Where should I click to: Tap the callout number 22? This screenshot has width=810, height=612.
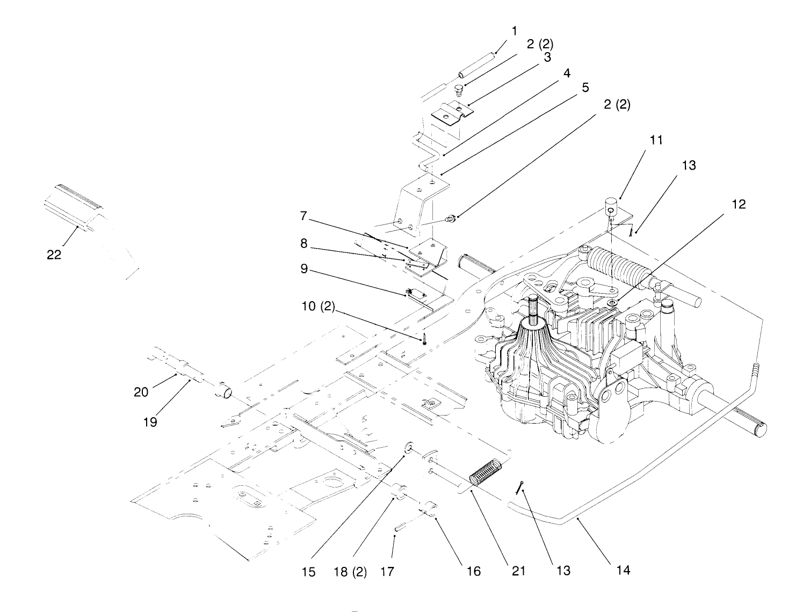pyautogui.click(x=54, y=255)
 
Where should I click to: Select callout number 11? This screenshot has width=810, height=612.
pyautogui.click(x=655, y=141)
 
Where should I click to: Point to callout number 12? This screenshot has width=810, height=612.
pyautogui.click(x=739, y=205)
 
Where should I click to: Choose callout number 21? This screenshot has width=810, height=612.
pyautogui.click(x=518, y=571)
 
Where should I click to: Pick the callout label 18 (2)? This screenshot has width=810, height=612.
pyautogui.click(x=352, y=572)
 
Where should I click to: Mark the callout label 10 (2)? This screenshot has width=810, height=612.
pyautogui.click(x=318, y=308)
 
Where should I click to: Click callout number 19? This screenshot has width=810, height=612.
pyautogui.click(x=150, y=422)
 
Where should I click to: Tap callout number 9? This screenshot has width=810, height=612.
pyautogui.click(x=304, y=269)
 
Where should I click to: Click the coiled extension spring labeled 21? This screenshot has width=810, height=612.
pyautogui.click(x=485, y=471)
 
